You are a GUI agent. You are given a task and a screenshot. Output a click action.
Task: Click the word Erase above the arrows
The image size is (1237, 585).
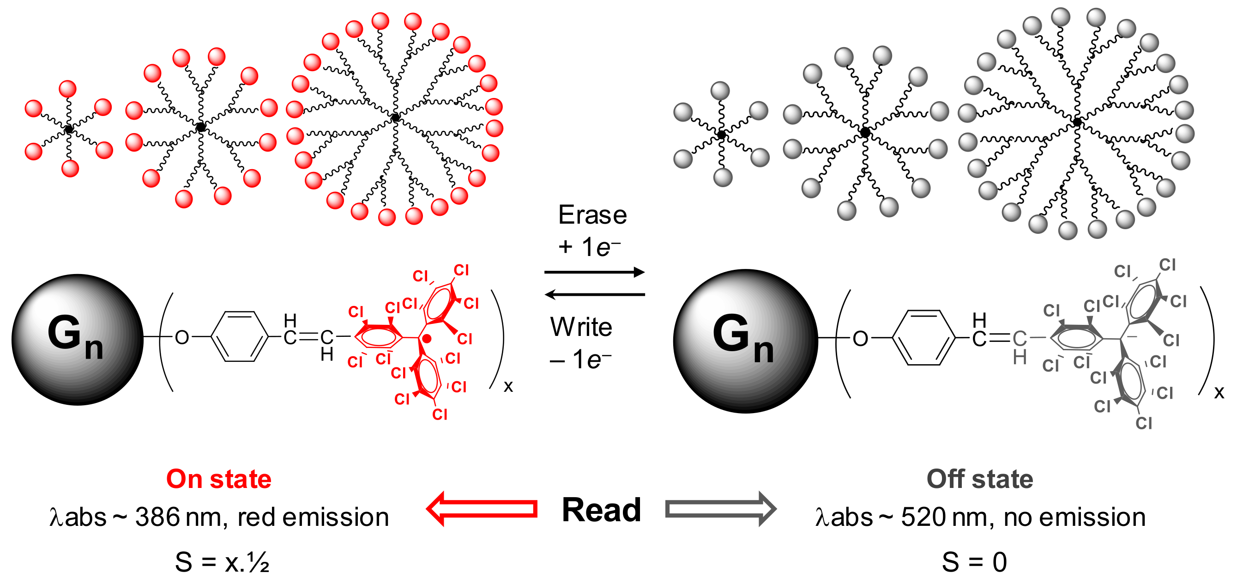592,215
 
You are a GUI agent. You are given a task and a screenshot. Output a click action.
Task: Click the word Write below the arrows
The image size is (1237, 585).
581,327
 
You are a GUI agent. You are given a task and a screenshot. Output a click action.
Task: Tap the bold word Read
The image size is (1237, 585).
601,510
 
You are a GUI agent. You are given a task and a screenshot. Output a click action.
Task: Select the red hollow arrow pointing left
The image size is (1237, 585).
482,509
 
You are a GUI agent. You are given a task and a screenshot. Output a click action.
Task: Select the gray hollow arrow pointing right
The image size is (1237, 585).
720,509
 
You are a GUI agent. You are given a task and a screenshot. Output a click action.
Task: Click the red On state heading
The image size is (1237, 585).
218,479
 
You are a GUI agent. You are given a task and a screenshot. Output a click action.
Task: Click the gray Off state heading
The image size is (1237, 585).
980,479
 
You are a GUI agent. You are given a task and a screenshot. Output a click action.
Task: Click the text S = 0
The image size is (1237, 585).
974,562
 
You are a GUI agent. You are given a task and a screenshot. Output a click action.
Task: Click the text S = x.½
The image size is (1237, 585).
222,562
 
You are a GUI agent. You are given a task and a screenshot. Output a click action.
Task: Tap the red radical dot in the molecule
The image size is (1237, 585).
427,339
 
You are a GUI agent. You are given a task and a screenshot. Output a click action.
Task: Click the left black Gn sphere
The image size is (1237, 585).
77,340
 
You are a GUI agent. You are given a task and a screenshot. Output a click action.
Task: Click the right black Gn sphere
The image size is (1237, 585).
745,341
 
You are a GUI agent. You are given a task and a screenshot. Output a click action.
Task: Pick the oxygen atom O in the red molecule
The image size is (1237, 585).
181,338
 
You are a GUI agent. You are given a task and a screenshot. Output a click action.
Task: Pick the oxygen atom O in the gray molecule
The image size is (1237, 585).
860,339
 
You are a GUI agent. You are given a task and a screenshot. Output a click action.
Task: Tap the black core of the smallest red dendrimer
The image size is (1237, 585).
69,129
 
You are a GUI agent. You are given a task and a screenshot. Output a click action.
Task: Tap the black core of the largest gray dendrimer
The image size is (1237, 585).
1077,122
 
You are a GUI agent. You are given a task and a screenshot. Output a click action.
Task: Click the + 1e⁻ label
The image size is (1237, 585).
589,247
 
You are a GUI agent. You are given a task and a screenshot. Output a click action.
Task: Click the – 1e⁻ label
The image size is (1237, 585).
580,360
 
